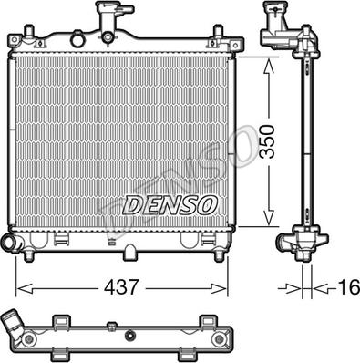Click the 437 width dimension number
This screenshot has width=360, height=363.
tap(121, 286)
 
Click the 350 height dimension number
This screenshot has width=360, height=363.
tap(268, 141)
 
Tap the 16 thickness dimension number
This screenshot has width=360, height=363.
tap(348, 287)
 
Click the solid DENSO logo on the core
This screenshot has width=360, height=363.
tap(170, 205)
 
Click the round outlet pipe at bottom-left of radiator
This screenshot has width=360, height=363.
tap(10, 243)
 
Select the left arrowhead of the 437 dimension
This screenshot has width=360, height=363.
tap(25, 288)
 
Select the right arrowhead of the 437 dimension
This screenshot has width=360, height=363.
tap(219, 288)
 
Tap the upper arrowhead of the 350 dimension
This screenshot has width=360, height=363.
tap(269, 67)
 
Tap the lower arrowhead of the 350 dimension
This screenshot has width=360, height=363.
tap(269, 217)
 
